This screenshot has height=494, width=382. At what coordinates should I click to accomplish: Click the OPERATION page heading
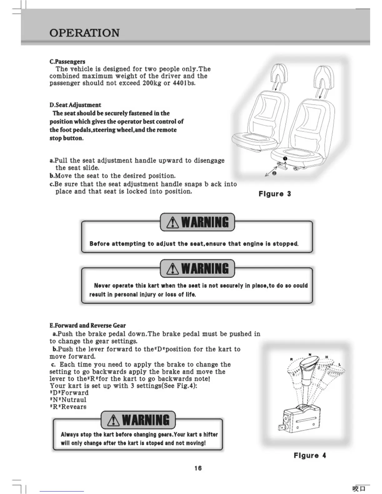pos(84,33)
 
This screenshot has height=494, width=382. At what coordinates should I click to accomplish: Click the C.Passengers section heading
pos(67,61)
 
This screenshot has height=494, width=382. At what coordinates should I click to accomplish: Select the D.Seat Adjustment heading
pos(75,105)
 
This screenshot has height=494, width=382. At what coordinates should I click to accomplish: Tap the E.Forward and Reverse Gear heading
pos(87,325)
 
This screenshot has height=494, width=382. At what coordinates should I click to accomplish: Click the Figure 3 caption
pos(275,194)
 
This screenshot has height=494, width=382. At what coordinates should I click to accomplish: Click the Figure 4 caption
pos(310,455)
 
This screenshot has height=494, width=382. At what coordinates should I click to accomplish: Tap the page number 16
pos(198,468)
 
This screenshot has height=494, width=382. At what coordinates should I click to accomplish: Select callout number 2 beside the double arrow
pos(274,173)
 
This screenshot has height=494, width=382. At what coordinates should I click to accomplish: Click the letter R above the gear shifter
pos(291,359)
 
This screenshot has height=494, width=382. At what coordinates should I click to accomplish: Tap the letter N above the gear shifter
pos(310,354)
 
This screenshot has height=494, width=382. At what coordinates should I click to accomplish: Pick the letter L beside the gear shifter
pos(340,365)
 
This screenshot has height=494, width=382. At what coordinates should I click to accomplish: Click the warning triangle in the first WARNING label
pos(173,223)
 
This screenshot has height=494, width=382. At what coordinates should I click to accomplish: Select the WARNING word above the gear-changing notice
pos(145,420)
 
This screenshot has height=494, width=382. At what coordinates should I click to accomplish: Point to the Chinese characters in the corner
pos(359,488)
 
